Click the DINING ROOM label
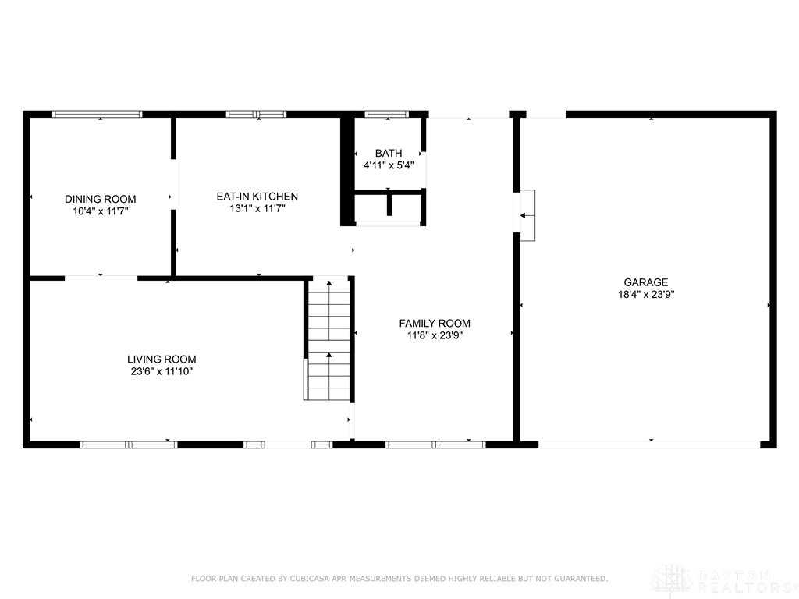[x=101, y=199]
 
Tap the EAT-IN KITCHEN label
[x=257, y=196]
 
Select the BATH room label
[x=389, y=153]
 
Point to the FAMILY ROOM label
[x=435, y=323]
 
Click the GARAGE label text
[x=645, y=282]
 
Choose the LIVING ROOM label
[x=162, y=359]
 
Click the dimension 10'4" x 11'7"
[x=101, y=211]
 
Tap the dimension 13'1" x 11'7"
[x=257, y=208]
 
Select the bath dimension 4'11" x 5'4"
[x=389, y=165]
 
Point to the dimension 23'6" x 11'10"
[x=162, y=371]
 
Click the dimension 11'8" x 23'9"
[x=435, y=335]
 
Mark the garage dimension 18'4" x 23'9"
[x=646, y=294]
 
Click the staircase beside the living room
[x=328, y=338]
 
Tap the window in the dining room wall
[x=98, y=114]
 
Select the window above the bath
[x=387, y=114]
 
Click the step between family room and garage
[x=527, y=215]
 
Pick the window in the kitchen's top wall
[x=256, y=114]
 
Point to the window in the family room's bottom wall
[x=435, y=445]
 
